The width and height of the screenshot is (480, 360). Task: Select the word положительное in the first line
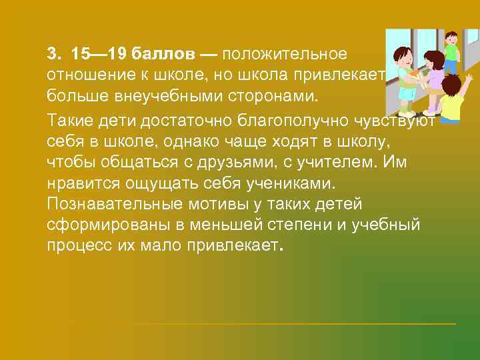tap(289, 53)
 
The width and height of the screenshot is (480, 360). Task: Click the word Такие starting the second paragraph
tap(69, 120)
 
